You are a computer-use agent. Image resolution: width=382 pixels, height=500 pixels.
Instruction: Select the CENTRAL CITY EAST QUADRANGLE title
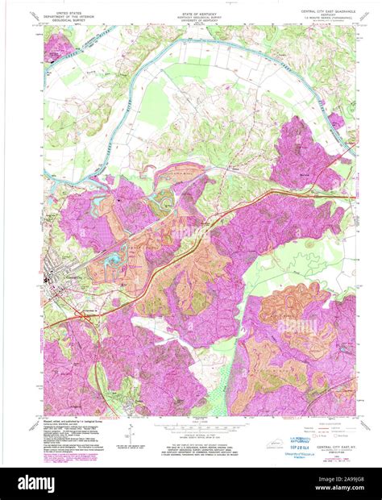coord(312,10)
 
